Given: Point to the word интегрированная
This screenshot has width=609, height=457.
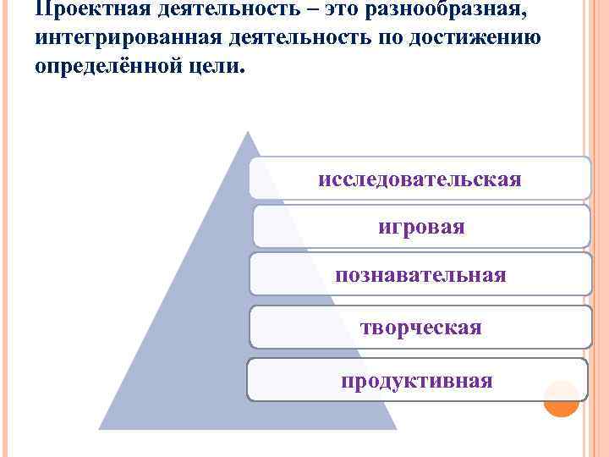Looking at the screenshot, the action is [x=123, y=39].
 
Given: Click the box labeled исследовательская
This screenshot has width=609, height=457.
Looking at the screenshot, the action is [x=420, y=179].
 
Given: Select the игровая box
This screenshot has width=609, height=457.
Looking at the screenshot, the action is [x=421, y=227].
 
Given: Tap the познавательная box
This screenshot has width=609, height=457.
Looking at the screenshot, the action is [x=421, y=274].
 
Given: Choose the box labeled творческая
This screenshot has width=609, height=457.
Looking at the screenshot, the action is [x=421, y=328].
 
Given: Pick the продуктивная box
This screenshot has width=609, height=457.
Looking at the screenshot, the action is [x=417, y=380].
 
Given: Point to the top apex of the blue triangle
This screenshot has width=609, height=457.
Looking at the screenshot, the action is [x=248, y=132].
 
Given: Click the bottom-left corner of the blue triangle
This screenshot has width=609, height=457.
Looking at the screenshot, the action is [x=100, y=429].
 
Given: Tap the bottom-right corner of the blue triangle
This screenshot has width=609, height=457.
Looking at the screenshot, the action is [x=396, y=429].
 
